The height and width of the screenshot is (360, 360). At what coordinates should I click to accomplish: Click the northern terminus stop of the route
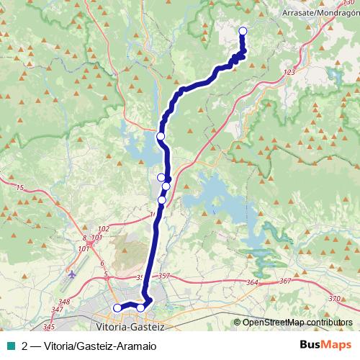pos(243,30)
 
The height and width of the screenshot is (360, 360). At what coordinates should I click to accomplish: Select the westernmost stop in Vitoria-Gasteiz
pos(117,308)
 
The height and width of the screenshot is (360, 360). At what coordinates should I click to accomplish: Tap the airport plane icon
pos(71,274)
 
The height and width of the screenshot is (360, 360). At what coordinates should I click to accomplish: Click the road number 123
pos(290,73)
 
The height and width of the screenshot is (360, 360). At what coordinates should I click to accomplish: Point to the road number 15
pos(19,188)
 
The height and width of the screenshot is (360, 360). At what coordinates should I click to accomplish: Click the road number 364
pos(251,283)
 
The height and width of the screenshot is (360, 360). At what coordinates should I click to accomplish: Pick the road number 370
pos(333,298)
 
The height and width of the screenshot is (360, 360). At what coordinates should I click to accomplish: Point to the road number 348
pos(64,302)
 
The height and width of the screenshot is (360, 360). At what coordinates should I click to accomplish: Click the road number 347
pos(58,310)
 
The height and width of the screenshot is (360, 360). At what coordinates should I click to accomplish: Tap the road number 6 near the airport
pos(102,264)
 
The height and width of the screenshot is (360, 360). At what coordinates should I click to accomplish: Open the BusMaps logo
pos(325,345)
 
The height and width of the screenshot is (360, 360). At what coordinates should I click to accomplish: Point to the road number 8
pos(84,238)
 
